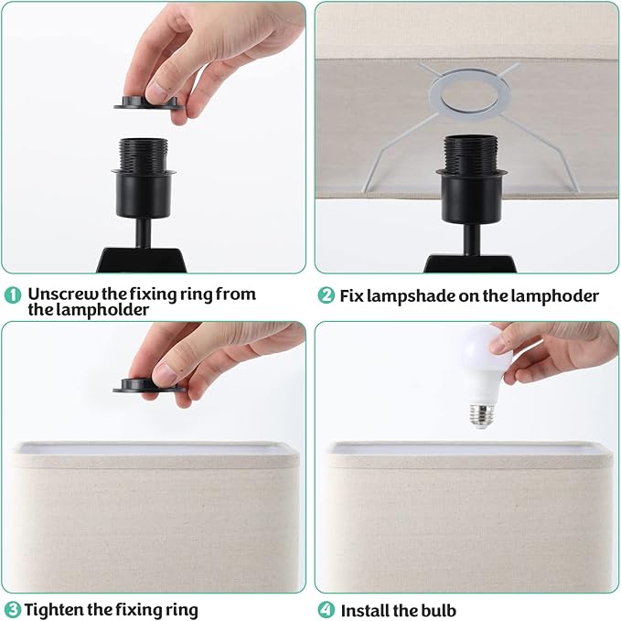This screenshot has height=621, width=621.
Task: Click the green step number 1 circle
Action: (13, 295)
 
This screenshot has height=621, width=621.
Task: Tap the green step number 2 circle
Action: (326, 295)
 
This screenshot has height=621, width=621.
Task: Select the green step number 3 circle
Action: (12, 609)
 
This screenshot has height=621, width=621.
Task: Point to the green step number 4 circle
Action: (326, 610)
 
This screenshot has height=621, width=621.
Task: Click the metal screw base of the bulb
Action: (483, 416)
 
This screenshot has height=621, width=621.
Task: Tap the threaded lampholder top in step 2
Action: (471, 153)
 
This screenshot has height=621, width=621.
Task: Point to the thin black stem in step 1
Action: (143, 233)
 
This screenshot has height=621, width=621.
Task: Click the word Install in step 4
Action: (364, 610)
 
